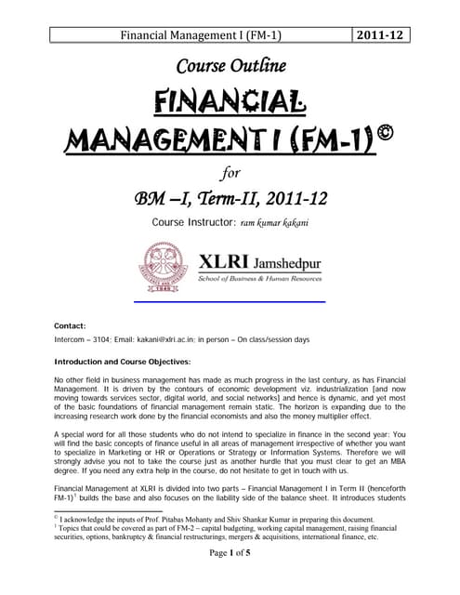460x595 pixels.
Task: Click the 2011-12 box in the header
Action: point(383,37)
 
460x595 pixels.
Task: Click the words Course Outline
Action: point(230,65)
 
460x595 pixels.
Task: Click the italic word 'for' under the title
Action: point(230,170)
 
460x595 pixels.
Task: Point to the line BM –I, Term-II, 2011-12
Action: point(230,197)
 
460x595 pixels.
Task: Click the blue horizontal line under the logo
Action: point(230,302)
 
